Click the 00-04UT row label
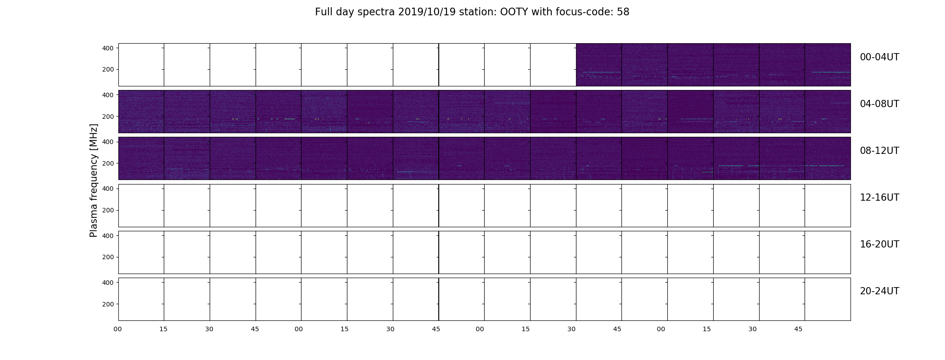[x=879, y=57]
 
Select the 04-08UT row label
[x=879, y=104]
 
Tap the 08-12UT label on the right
[x=879, y=151]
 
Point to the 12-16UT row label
[x=879, y=198]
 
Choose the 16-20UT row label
[x=879, y=244]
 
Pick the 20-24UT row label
[x=879, y=291]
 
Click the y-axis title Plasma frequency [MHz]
[x=94, y=180]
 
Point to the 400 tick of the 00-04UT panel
[x=108, y=48]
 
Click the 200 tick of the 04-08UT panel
[x=108, y=117]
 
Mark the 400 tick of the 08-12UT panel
[x=108, y=142]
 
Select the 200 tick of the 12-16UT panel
[x=108, y=210]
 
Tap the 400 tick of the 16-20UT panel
[x=108, y=235]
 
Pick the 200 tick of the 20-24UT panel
[x=108, y=304]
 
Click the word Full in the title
[x=323, y=12]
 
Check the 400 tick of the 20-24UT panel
[x=108, y=283]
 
